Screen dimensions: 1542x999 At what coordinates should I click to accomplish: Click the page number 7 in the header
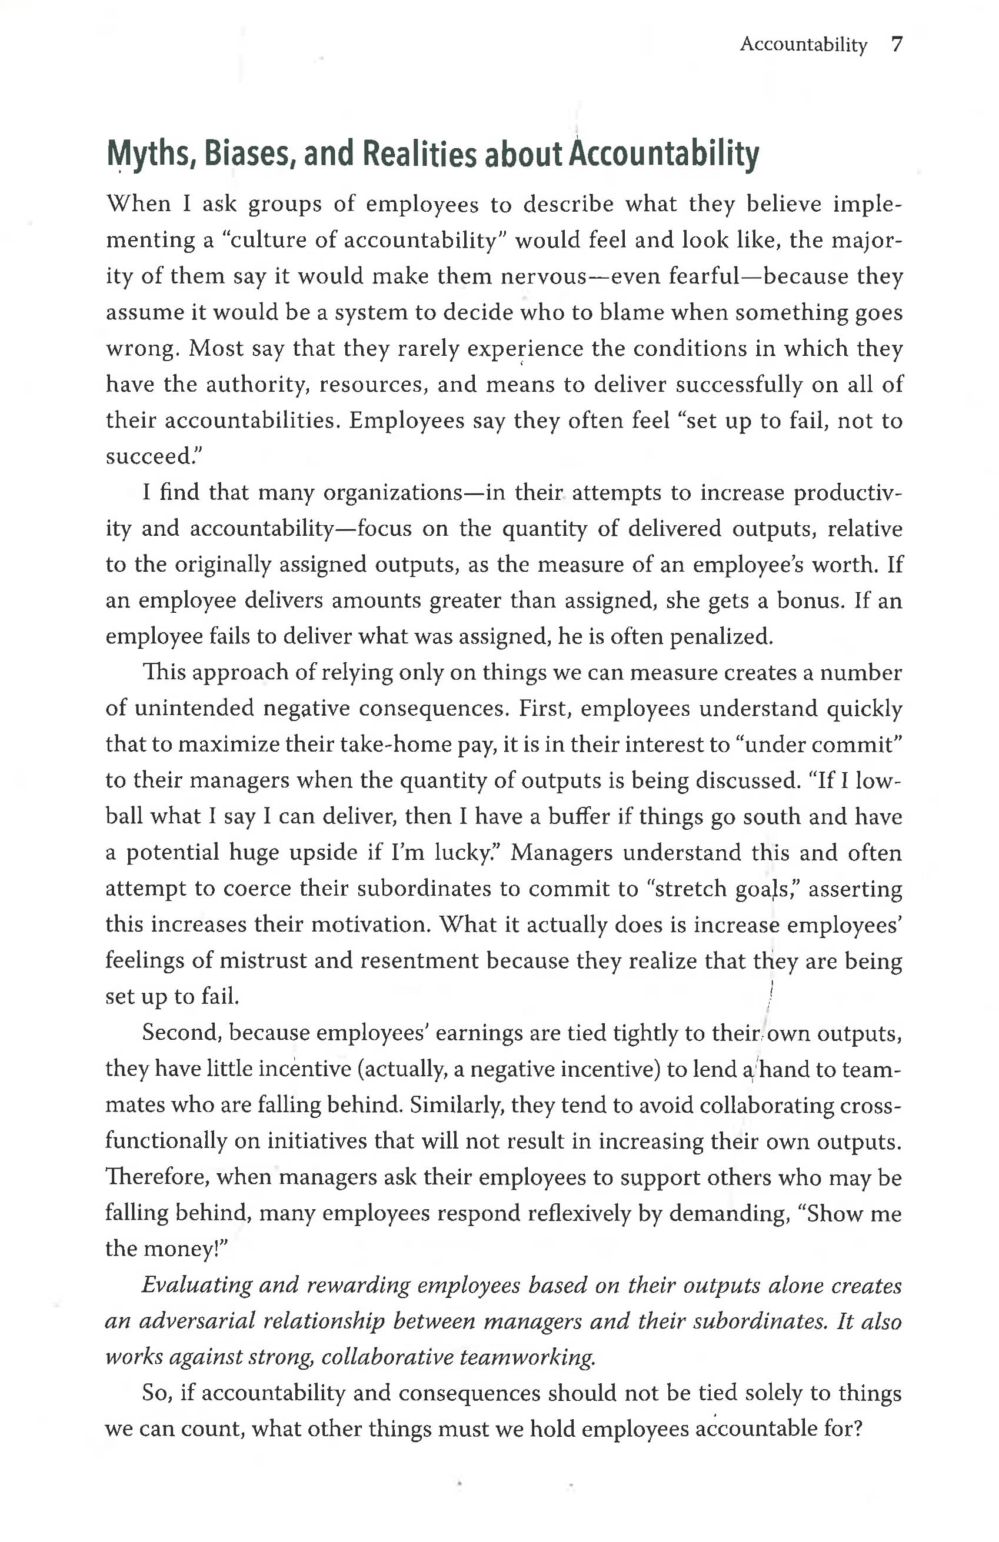point(896,44)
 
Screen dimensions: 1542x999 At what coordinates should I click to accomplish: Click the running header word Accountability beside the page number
point(802,44)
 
